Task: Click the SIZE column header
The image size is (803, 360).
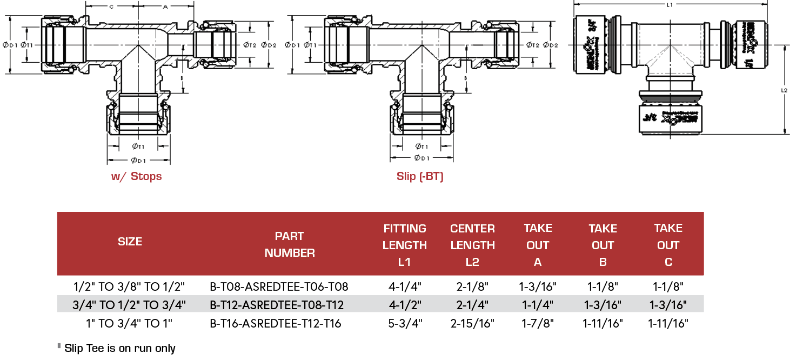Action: pyautogui.click(x=130, y=242)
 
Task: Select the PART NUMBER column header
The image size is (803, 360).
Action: pyautogui.click(x=290, y=244)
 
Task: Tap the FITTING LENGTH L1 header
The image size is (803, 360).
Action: pyautogui.click(x=404, y=245)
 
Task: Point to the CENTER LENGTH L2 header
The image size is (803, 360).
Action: pyautogui.click(x=472, y=245)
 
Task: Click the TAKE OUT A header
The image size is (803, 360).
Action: pyautogui.click(x=538, y=245)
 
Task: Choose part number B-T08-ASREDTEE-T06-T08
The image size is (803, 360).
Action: pyautogui.click(x=279, y=286)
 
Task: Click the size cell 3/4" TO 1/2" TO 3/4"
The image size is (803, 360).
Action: pyautogui.click(x=129, y=305)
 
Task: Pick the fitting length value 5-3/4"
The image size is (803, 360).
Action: pyautogui.click(x=404, y=324)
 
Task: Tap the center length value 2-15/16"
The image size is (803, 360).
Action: pyautogui.click(x=472, y=324)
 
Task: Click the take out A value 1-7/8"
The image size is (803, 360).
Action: pyautogui.click(x=538, y=324)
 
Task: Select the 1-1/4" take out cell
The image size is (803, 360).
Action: pyautogui.click(x=538, y=305)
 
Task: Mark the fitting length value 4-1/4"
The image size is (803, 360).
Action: pyautogui.click(x=404, y=286)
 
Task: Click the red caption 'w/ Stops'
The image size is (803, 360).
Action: pyautogui.click(x=136, y=176)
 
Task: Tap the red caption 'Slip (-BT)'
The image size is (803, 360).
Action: pyautogui.click(x=419, y=176)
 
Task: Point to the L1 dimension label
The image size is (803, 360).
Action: pyautogui.click(x=670, y=5)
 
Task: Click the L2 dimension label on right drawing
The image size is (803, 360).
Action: pyautogui.click(x=784, y=90)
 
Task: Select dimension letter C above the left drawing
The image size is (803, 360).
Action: pyautogui.click(x=111, y=7)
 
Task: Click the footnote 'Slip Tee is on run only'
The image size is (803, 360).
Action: pyautogui.click(x=119, y=348)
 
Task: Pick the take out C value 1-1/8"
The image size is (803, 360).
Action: pyautogui.click(x=668, y=286)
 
